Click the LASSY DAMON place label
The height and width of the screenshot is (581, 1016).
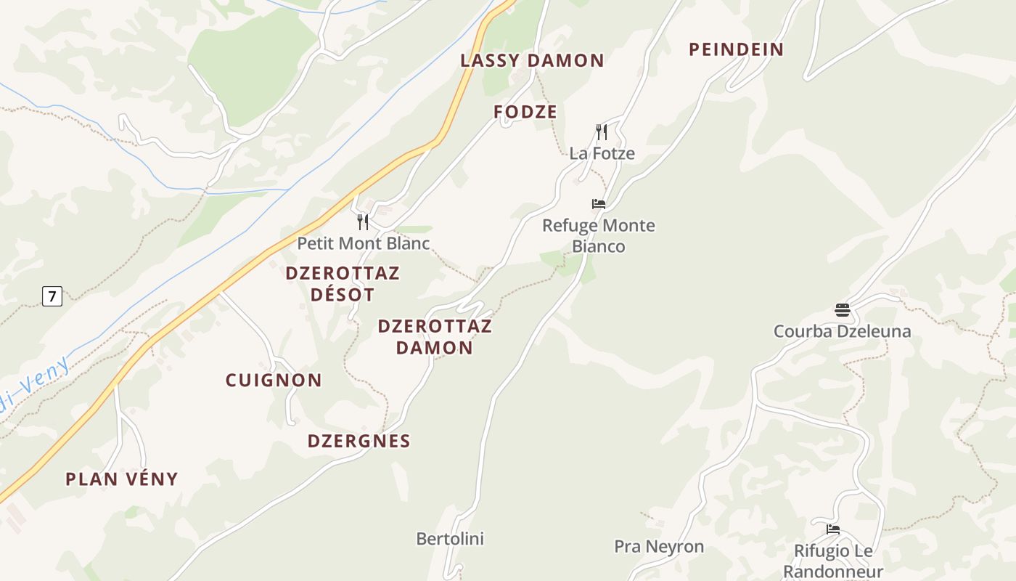(x=532, y=60)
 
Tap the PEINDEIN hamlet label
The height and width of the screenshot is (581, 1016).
(x=736, y=49)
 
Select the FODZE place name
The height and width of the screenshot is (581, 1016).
(x=525, y=112)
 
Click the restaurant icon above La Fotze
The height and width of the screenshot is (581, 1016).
(x=601, y=132)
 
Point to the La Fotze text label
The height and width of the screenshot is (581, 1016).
(x=602, y=153)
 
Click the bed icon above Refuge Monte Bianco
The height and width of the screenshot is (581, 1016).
(x=599, y=204)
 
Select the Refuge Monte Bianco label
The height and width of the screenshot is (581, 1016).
(x=599, y=235)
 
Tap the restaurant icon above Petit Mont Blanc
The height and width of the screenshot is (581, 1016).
(x=363, y=222)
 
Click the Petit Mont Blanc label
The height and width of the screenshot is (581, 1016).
(x=364, y=243)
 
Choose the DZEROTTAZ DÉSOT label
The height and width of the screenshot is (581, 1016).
(x=343, y=283)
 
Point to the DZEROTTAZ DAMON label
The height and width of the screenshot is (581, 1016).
(x=435, y=336)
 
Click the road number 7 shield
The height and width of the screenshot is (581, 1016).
(x=52, y=296)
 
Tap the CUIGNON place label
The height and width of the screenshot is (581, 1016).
(x=274, y=380)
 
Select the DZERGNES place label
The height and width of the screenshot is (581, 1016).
(x=359, y=441)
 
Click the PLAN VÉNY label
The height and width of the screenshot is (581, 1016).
(x=122, y=479)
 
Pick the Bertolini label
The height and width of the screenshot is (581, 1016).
(x=450, y=539)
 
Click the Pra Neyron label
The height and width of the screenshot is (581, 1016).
(x=659, y=546)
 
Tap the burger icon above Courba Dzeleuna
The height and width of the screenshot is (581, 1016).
(x=842, y=310)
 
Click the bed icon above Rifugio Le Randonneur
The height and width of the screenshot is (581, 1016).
(x=832, y=529)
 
